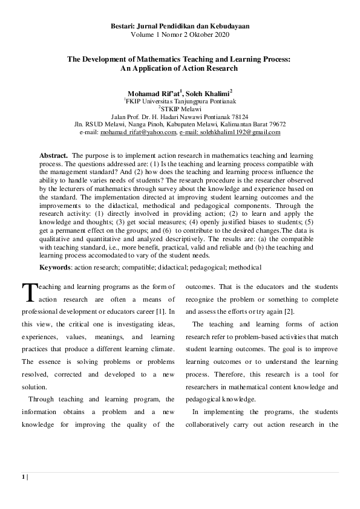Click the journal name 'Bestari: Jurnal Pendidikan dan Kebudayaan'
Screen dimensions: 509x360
(180, 27)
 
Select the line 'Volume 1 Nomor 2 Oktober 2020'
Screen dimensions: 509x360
(180, 34)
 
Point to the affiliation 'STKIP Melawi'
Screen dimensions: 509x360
(181, 109)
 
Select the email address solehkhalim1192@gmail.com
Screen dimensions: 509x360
(240, 132)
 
